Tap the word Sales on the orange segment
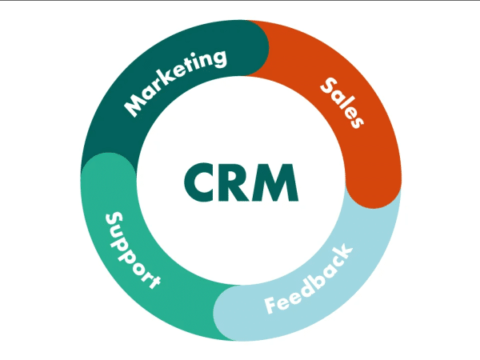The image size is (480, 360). (342, 102)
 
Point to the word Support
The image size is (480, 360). (133, 250)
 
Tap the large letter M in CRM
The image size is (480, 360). (272, 182)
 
